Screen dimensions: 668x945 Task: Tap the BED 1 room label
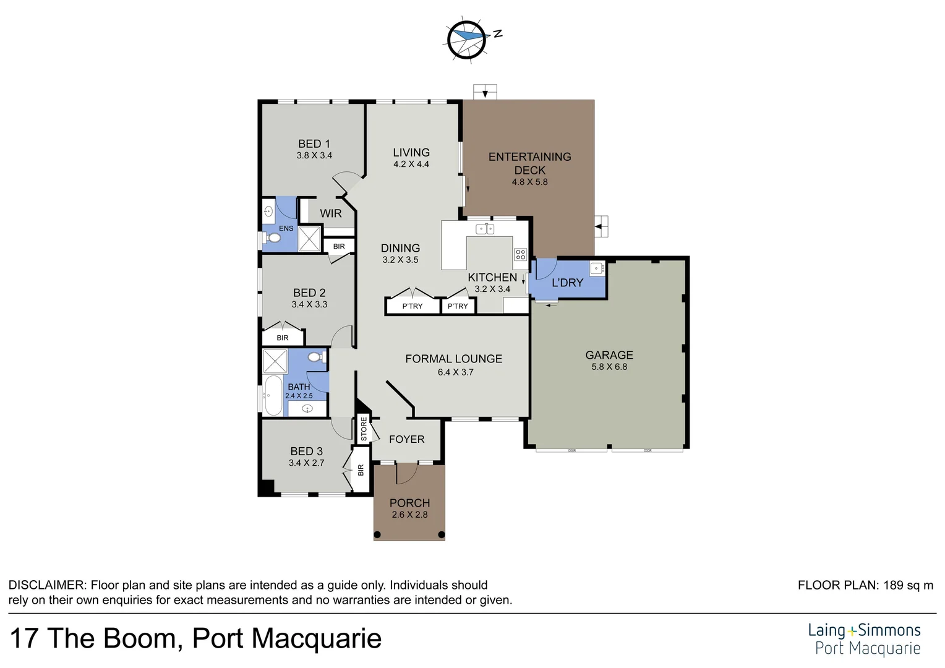[x=314, y=143]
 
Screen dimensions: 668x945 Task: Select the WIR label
[x=330, y=213]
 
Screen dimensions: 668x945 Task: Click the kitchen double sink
[x=485, y=229]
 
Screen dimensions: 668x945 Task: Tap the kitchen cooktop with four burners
[x=520, y=254]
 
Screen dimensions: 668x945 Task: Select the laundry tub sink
[x=597, y=268]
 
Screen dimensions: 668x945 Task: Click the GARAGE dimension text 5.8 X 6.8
[x=609, y=367]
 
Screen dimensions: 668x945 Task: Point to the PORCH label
[x=409, y=503]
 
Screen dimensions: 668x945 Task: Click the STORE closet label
[x=364, y=429]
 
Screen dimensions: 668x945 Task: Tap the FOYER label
[x=406, y=439]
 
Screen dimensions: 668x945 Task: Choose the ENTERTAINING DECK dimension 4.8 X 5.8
[x=529, y=182]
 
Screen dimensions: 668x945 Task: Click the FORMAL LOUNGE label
[x=453, y=359]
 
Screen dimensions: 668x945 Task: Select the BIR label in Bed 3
[x=361, y=470]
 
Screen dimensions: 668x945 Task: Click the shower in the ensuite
[x=310, y=239]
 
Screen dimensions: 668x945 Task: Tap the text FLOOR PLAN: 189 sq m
[x=865, y=585]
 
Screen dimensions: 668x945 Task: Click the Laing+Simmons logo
[x=864, y=639]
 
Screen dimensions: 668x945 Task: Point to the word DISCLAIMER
[x=46, y=585]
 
